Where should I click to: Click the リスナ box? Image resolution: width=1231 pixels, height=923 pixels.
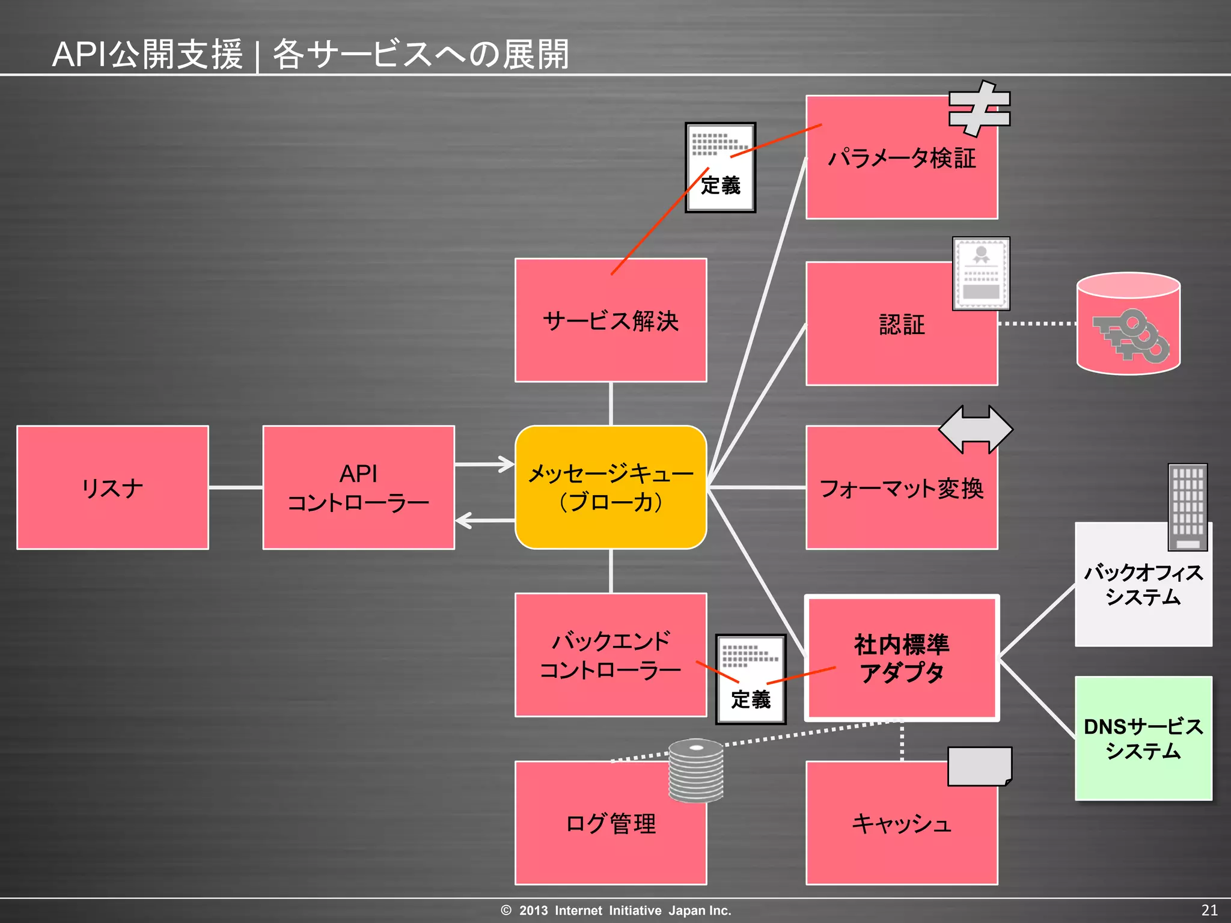pos(112,487)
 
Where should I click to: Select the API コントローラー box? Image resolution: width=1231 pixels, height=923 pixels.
pos(358,487)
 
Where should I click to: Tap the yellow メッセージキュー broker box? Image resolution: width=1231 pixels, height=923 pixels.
pos(611,487)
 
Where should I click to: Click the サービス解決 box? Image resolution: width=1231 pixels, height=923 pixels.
pos(611,321)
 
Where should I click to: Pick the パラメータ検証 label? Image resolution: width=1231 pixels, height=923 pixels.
pos(902,159)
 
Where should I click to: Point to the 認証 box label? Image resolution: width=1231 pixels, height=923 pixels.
pos(902,324)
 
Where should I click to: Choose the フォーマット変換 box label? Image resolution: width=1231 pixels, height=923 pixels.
pos(902,489)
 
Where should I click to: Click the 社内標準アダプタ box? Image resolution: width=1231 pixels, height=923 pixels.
pos(902,658)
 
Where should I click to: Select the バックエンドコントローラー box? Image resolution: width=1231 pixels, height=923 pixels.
pos(611,655)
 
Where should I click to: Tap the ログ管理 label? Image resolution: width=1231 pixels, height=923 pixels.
pos(611,823)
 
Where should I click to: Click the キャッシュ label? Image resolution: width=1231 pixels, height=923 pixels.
pos(902,823)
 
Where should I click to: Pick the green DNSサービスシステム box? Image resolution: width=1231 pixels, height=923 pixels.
pos(1143,739)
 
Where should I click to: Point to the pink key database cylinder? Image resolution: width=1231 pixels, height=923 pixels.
pos(1129,324)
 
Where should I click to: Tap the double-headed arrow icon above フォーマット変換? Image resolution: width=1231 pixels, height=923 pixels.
pos(976,429)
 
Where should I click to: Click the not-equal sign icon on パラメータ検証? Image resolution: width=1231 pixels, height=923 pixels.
pos(979,108)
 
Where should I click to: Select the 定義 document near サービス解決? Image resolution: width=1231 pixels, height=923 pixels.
pos(721,168)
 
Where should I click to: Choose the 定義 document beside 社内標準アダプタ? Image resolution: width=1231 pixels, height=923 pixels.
pos(751,679)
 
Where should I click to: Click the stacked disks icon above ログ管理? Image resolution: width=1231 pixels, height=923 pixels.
pos(696,770)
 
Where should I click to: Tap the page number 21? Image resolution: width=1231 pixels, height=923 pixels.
pos(1209,910)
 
